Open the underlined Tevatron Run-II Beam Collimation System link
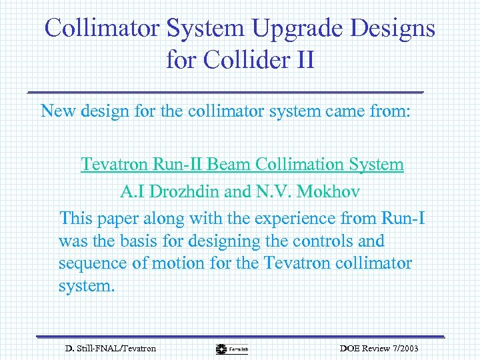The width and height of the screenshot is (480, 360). pos(242,164)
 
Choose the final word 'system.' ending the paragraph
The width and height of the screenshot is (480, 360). pos(87,286)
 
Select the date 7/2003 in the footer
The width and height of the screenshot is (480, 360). pos(401,349)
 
